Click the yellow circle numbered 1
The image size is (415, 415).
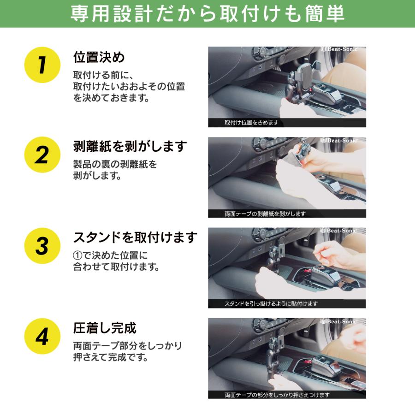(42, 65)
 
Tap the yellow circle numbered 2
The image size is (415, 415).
(42, 155)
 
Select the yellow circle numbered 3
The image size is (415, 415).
(42, 246)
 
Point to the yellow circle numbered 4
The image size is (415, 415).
(42, 337)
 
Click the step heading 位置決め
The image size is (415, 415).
(99, 57)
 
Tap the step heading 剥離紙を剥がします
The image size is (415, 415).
(130, 146)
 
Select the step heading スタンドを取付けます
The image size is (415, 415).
(135, 237)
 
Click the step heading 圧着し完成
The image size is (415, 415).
(105, 328)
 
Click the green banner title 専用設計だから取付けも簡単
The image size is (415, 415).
(207, 13)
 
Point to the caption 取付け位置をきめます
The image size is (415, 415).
(251, 123)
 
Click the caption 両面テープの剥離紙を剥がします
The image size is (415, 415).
(265, 213)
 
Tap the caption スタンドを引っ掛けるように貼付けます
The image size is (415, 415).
(271, 304)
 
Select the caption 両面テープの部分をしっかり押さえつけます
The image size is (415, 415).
(277, 395)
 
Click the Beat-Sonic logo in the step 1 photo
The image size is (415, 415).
(339, 49)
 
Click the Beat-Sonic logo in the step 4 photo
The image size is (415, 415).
(338, 321)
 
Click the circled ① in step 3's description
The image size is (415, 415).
(77, 255)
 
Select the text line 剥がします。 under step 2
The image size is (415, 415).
(97, 176)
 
